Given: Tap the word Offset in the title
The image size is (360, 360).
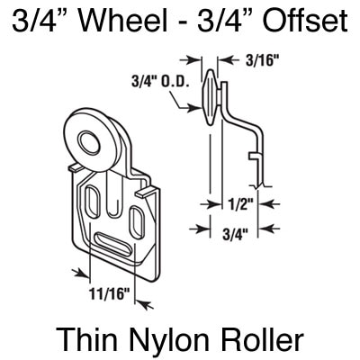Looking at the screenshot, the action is pyautogui.click(x=305, y=21).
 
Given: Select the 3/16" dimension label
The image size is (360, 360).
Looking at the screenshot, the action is pyautogui.click(x=261, y=61).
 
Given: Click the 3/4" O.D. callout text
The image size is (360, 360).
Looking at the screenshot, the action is pyautogui.click(x=160, y=81).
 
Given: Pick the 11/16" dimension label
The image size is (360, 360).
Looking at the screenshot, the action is pyautogui.click(x=110, y=293).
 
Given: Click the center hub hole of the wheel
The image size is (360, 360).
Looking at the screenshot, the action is pyautogui.click(x=87, y=140).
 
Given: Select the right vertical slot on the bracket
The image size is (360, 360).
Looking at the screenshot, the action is pyautogui.click(x=137, y=222).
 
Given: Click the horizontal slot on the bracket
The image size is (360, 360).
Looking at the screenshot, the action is pyautogui.click(x=112, y=244).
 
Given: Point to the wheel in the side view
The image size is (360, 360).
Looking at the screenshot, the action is pyautogui.click(x=210, y=96).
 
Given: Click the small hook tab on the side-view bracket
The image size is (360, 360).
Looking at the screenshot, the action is pyautogui.click(x=254, y=156).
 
